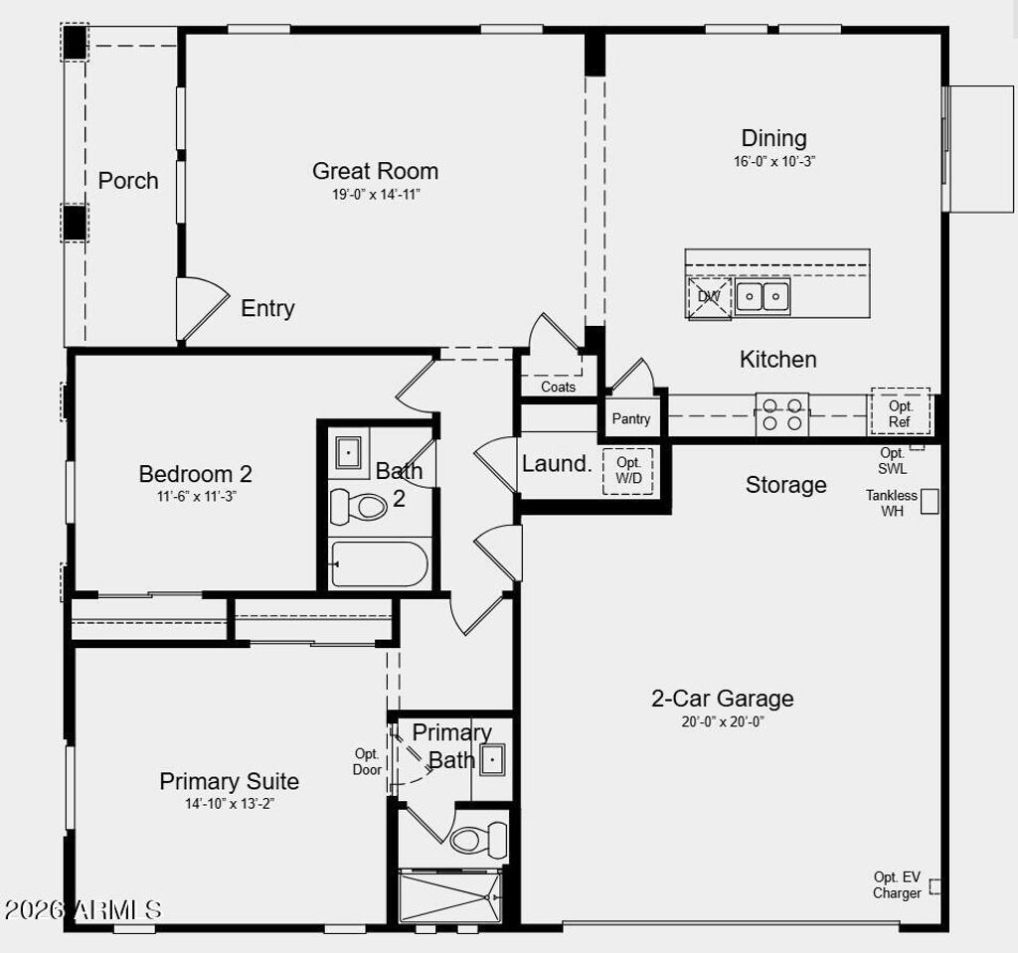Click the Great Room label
point(375,171)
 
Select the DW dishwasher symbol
point(709,297)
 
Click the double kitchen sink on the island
point(763,296)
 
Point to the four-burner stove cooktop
point(781,413)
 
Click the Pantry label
point(631,419)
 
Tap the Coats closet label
point(558,387)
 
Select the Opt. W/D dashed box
point(628,470)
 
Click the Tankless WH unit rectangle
point(930,502)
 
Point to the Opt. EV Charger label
point(897,884)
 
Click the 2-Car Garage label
point(722,699)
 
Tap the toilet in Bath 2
point(359,505)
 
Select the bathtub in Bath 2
point(380,564)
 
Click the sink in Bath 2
point(349,453)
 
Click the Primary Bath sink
point(492,760)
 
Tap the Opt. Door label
point(367,761)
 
